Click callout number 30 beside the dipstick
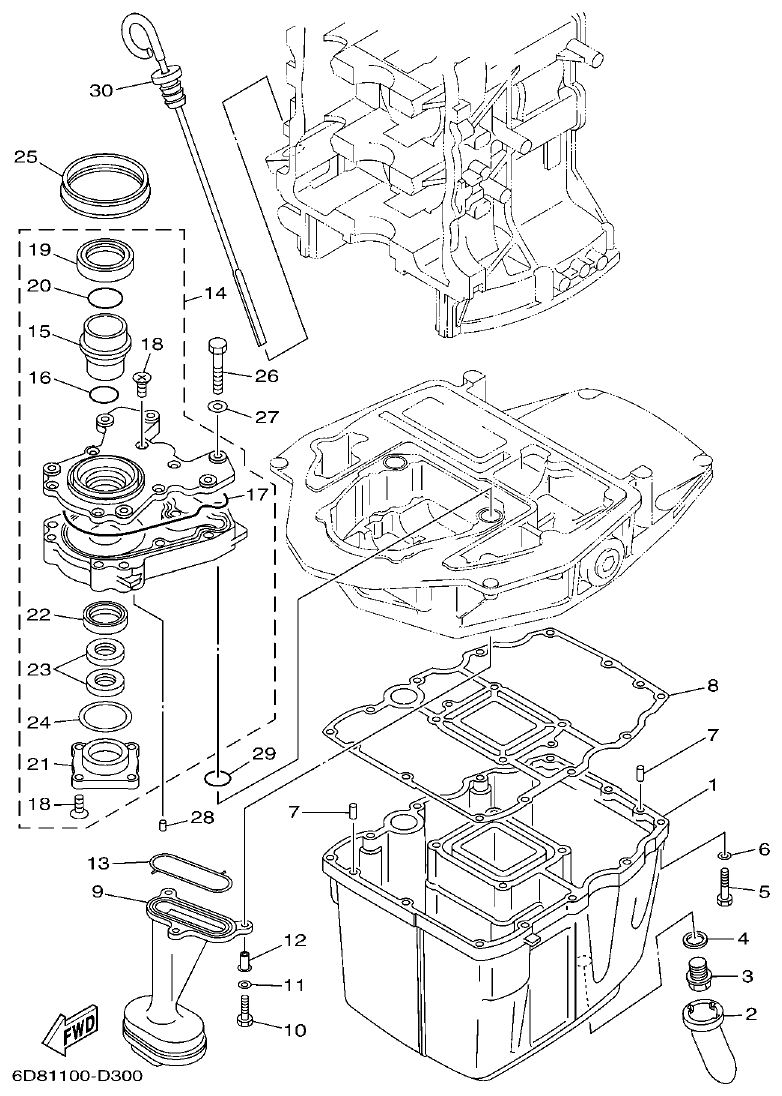(102, 91)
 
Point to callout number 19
(38, 249)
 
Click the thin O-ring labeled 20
(105, 296)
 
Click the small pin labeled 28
(163, 823)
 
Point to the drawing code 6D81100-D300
(78, 1078)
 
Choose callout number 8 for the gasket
(712, 686)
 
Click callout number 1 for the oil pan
(712, 785)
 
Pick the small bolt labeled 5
(724, 885)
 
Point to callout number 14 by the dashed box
(215, 294)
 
